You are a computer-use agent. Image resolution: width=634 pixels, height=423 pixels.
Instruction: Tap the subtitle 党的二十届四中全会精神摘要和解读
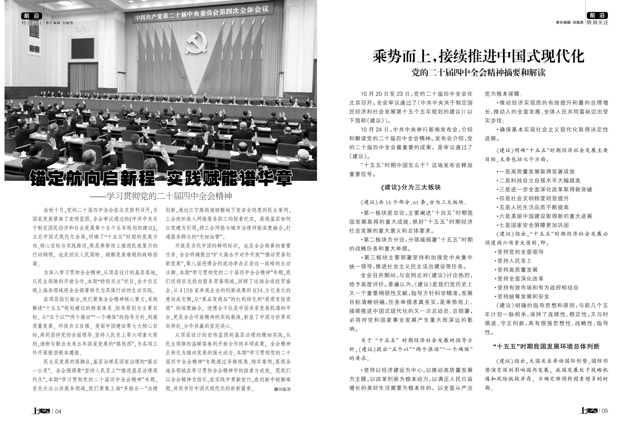479,73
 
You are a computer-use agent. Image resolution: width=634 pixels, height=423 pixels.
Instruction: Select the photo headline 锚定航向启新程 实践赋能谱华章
161,178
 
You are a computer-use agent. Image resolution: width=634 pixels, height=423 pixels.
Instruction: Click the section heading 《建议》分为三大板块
411,188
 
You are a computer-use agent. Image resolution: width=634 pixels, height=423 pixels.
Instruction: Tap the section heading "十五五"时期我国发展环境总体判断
546,347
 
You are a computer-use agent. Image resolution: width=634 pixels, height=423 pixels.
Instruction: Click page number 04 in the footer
58,411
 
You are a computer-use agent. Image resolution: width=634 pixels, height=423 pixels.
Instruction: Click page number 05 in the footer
605,411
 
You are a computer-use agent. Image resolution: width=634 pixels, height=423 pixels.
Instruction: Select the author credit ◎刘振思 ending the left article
282,389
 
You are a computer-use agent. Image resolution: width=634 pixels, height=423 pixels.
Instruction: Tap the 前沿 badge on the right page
598,16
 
